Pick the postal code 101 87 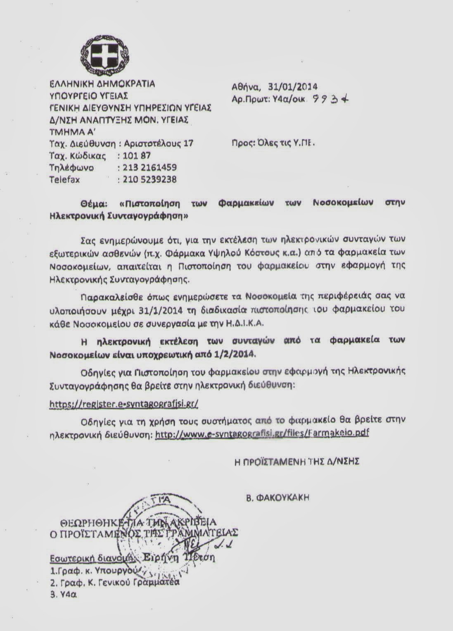[137, 156]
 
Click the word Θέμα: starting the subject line [93, 203]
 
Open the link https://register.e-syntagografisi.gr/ [124, 404]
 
